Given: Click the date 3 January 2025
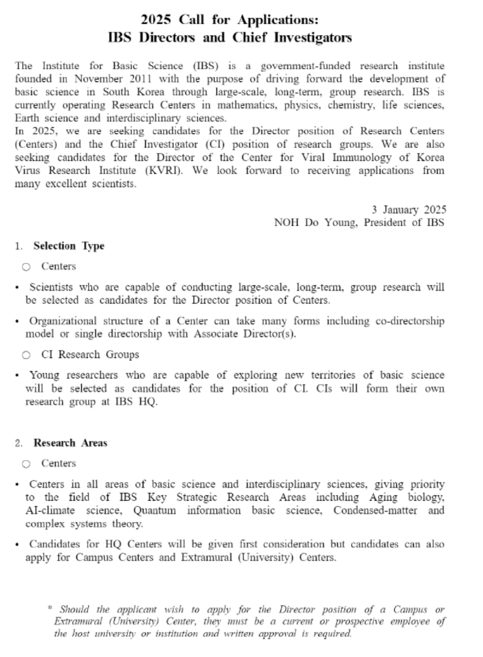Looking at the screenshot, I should tap(409, 210).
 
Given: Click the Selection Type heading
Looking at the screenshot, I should tap(69, 246).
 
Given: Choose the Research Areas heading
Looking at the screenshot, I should tap(70, 443).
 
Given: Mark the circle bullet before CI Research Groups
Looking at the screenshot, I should tap(26, 355).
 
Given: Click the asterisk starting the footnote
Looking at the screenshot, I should tap(50, 608).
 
